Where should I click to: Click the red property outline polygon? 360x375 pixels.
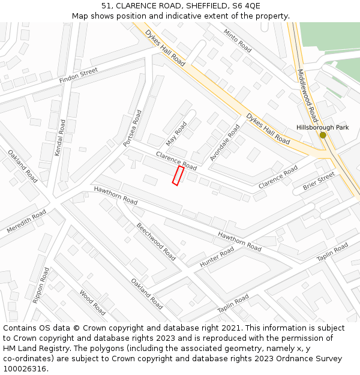pos(178,176)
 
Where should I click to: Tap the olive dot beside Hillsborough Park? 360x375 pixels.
pos(323,135)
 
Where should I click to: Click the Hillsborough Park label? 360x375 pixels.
pos(322,127)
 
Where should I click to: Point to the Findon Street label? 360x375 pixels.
pos(78,76)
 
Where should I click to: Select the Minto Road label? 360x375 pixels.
pos(238,40)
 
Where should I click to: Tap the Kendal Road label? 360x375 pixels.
pos(60,138)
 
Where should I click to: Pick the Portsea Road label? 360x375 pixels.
pos(133,128)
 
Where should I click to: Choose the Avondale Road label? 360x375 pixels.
pos(224,143)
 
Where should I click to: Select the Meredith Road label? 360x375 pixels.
pos(26,221)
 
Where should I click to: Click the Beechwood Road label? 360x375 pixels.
pos(156,241)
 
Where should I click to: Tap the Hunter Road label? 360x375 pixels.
pos(217,257)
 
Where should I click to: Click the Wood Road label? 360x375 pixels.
pos(92,302)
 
